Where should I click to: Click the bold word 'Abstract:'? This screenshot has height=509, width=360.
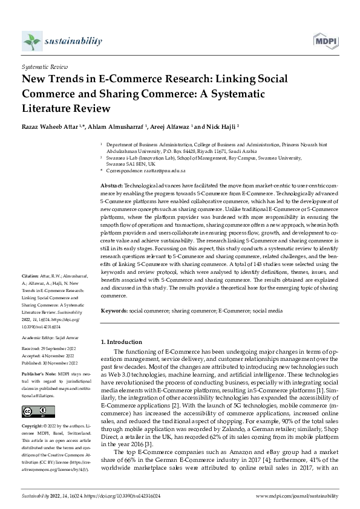[x=111, y=184]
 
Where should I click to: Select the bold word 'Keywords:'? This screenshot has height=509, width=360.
[x=113, y=310]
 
